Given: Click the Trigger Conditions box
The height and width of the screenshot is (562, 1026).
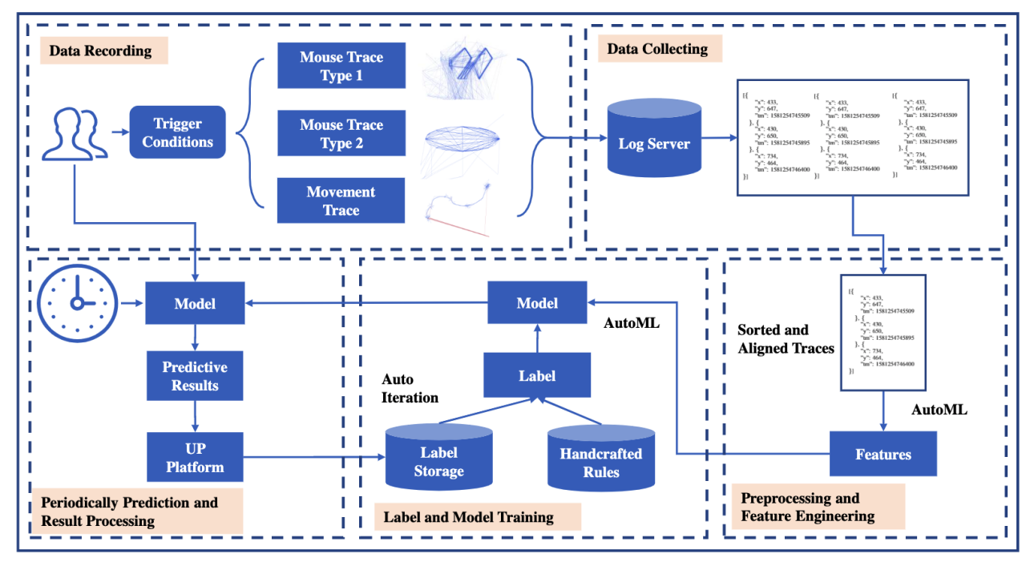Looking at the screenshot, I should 177,133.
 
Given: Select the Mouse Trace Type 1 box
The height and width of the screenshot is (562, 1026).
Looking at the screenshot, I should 341,67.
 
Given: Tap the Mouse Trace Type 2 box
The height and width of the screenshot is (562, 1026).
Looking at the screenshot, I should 341,134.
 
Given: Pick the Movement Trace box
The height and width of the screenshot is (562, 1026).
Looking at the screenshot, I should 341,201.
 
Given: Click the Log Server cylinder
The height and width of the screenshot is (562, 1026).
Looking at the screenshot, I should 654,140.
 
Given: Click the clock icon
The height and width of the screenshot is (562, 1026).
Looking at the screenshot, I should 77,303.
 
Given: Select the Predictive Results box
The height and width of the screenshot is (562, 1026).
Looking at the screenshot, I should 195,376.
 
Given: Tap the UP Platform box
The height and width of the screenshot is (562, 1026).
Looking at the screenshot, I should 195,458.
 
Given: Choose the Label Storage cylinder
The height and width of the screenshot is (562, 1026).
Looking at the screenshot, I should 438,459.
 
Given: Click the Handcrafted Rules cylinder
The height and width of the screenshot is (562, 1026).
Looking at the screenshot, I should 600,459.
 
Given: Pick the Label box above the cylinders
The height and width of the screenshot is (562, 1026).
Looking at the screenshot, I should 537,375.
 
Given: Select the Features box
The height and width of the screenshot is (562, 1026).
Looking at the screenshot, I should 883,455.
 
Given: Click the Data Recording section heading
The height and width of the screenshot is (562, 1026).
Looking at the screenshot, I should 100,51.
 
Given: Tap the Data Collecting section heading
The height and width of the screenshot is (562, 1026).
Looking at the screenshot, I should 657,49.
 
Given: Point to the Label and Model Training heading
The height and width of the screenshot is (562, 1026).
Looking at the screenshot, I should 468,517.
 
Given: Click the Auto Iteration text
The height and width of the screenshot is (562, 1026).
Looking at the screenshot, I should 410,388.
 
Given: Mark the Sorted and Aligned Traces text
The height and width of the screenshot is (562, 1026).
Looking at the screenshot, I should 786,339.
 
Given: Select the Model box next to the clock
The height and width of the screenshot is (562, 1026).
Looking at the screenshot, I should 195,304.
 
